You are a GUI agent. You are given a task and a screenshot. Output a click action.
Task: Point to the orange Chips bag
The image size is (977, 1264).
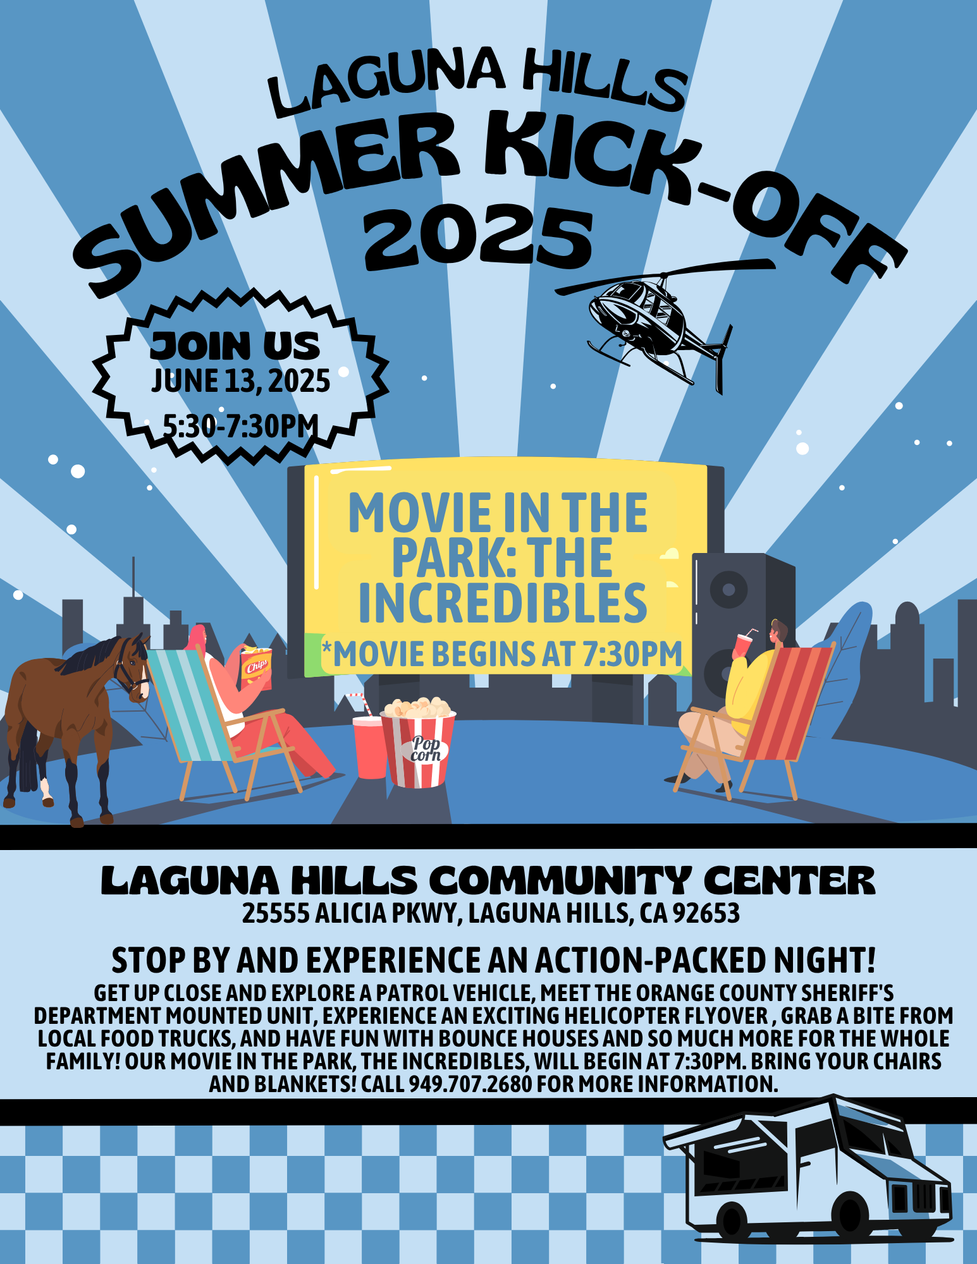(256, 667)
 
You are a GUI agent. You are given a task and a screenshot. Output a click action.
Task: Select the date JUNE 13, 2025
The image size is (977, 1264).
(240, 381)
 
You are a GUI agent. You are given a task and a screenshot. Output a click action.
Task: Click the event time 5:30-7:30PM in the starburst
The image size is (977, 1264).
(240, 425)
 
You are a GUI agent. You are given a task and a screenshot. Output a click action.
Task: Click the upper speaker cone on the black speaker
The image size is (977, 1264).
(728, 589)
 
